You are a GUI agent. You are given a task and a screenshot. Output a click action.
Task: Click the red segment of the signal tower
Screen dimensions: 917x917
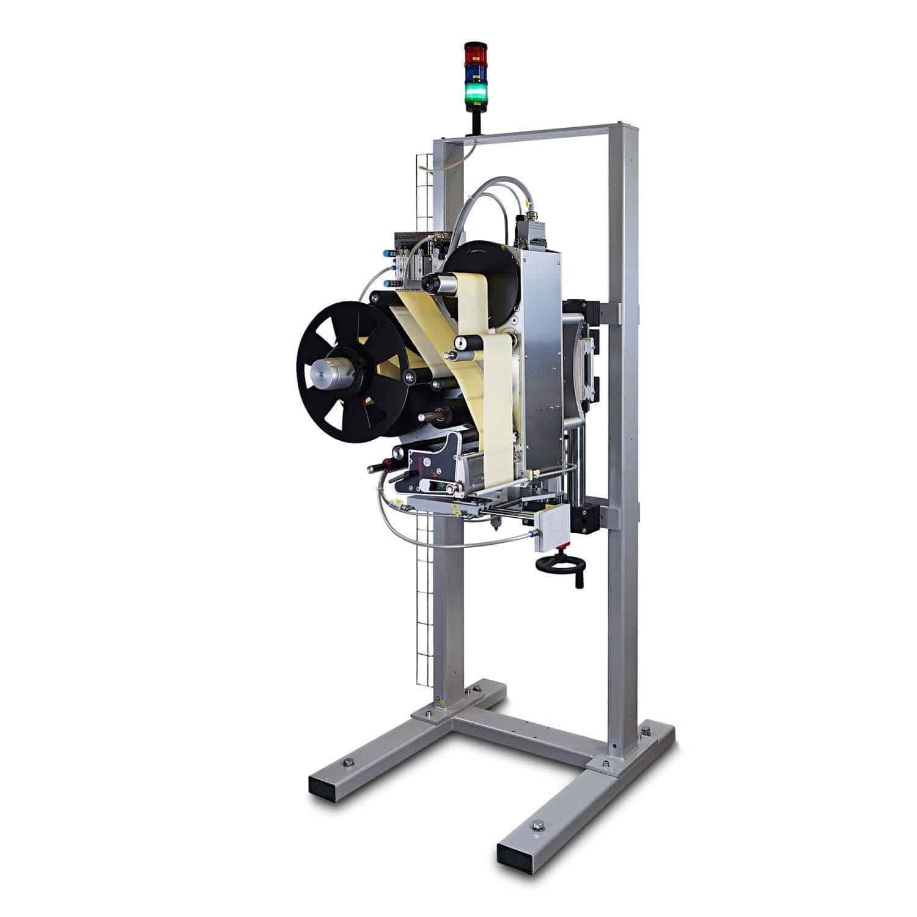point(474,54)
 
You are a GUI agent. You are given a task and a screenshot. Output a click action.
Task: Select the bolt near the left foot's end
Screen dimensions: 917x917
point(348,762)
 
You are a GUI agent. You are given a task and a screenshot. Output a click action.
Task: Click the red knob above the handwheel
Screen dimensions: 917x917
point(564,544)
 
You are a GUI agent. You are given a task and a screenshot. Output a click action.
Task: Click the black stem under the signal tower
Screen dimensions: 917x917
point(474,122)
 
